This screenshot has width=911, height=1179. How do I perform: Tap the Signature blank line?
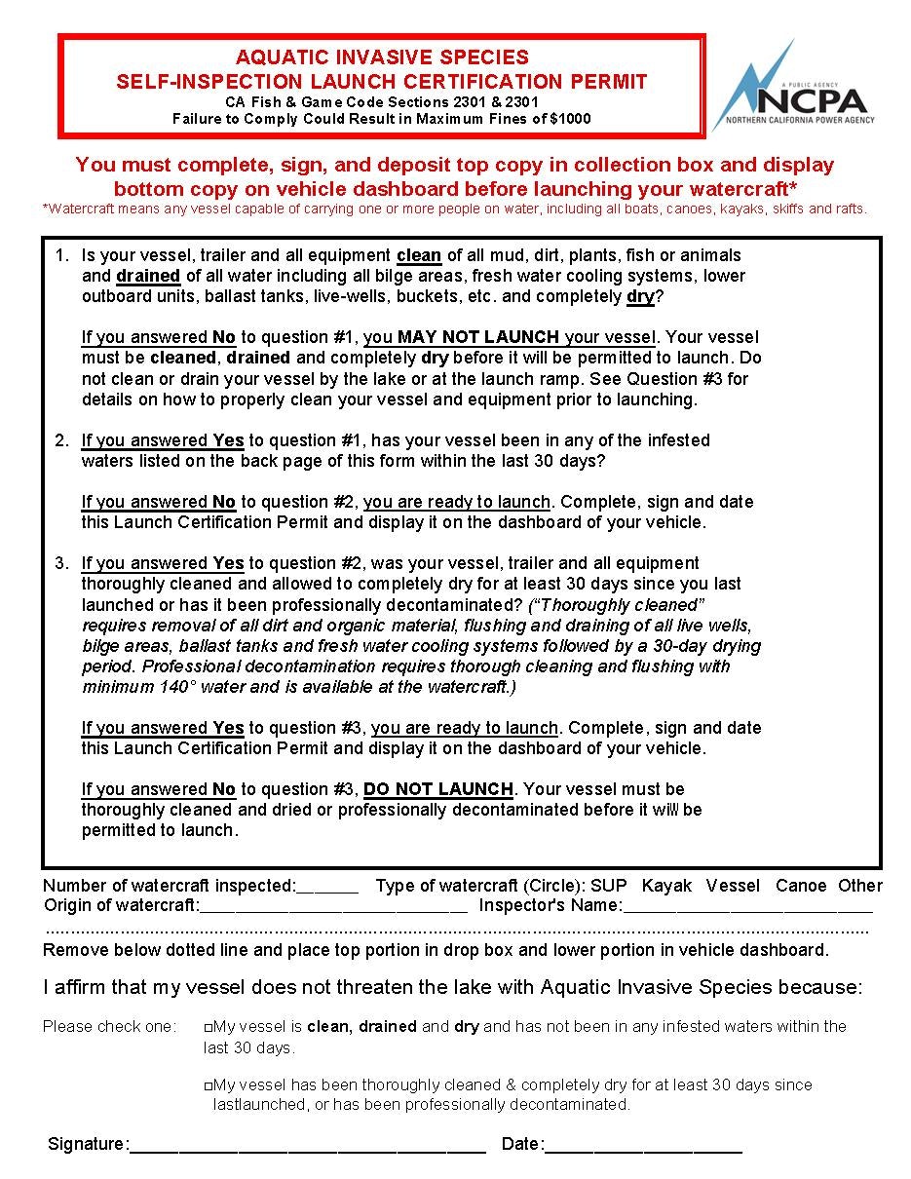tap(307, 1145)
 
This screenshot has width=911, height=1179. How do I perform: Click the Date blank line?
tap(644, 1145)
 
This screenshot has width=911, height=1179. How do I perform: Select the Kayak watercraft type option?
tap(666, 886)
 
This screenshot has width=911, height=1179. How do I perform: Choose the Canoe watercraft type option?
tap(801, 886)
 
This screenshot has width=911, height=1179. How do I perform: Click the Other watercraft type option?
tap(860, 886)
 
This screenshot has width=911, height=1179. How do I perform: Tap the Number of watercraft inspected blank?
tap(327, 887)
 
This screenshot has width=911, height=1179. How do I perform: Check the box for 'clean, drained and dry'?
tap(209, 1027)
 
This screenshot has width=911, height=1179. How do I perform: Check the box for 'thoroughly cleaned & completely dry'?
tap(209, 1085)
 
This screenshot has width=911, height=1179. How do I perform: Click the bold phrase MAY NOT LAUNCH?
tap(478, 337)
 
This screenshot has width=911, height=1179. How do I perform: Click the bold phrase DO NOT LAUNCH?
tap(438, 788)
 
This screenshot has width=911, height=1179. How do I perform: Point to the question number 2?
tap(61, 440)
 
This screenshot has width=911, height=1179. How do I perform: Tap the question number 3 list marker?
tap(61, 563)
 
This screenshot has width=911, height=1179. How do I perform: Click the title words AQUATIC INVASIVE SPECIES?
tap(382, 58)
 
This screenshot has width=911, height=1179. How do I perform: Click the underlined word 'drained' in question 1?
tap(148, 276)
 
